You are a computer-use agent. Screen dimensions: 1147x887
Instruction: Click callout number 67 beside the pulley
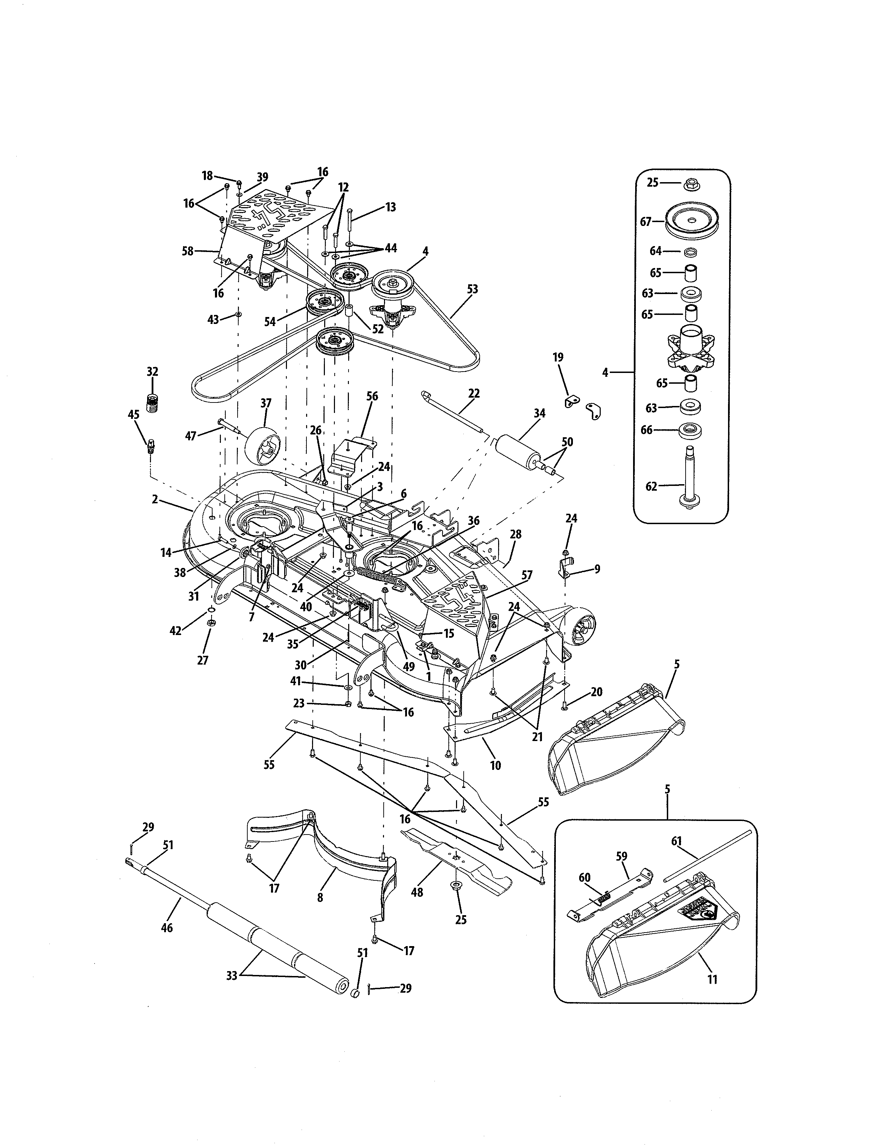(x=645, y=222)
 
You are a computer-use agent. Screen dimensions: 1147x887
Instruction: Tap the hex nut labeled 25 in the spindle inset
(x=690, y=184)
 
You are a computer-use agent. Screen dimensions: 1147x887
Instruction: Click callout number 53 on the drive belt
(x=472, y=289)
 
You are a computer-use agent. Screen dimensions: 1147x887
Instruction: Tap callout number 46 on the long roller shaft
(x=167, y=928)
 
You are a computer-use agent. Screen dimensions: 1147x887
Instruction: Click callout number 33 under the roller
(x=232, y=975)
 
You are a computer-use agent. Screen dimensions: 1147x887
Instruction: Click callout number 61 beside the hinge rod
(x=676, y=841)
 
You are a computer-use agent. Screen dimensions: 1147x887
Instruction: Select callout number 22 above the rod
(x=473, y=393)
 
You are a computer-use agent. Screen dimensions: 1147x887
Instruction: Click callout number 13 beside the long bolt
(x=390, y=207)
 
